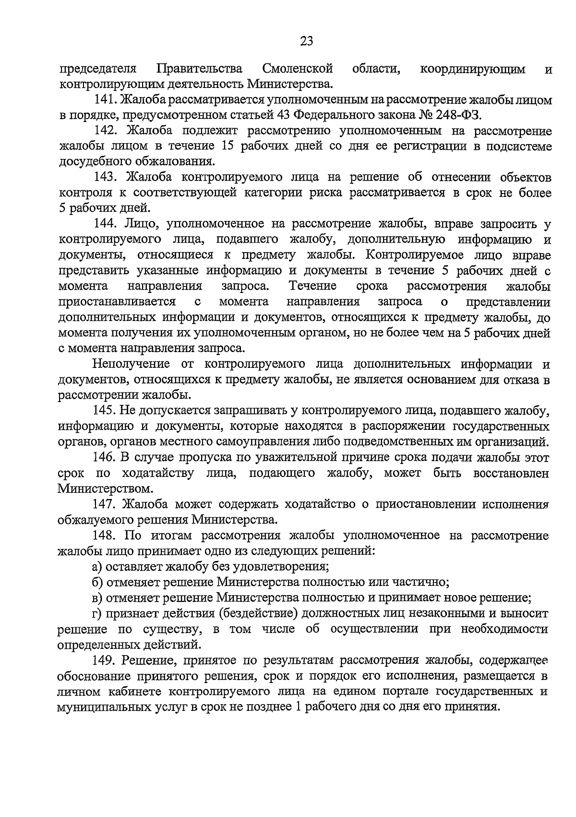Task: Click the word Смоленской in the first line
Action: click(x=298, y=69)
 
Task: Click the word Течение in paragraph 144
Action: click(x=312, y=286)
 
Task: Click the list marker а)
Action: click(x=98, y=566)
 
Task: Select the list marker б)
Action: click(x=98, y=582)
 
